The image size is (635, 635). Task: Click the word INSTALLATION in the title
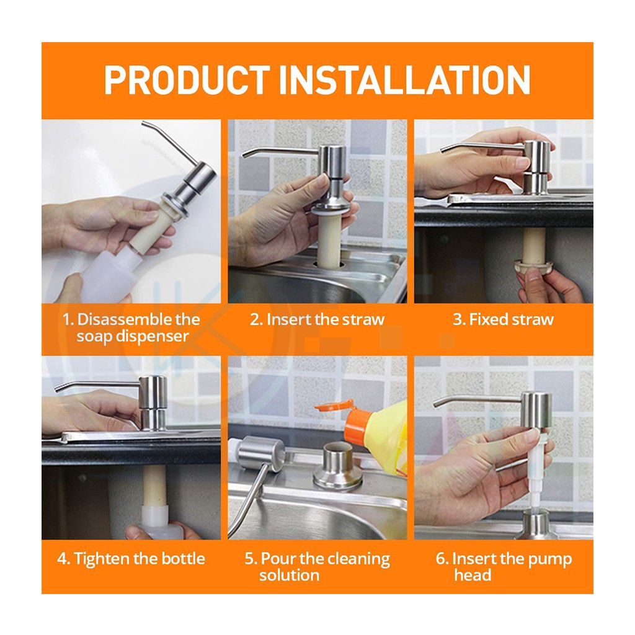[x=404, y=80]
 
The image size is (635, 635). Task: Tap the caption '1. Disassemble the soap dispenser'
[x=131, y=327]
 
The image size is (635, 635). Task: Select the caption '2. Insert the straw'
[x=317, y=319]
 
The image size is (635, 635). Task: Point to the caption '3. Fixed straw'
[x=504, y=319]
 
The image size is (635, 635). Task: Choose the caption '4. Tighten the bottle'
[x=131, y=559]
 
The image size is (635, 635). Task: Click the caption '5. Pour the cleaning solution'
[x=317, y=567]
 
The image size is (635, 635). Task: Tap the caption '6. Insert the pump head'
[x=504, y=567]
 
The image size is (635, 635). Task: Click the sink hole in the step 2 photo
[x=328, y=265]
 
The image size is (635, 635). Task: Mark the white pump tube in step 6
[x=533, y=470]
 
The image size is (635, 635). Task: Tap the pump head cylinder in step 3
[x=537, y=167]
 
